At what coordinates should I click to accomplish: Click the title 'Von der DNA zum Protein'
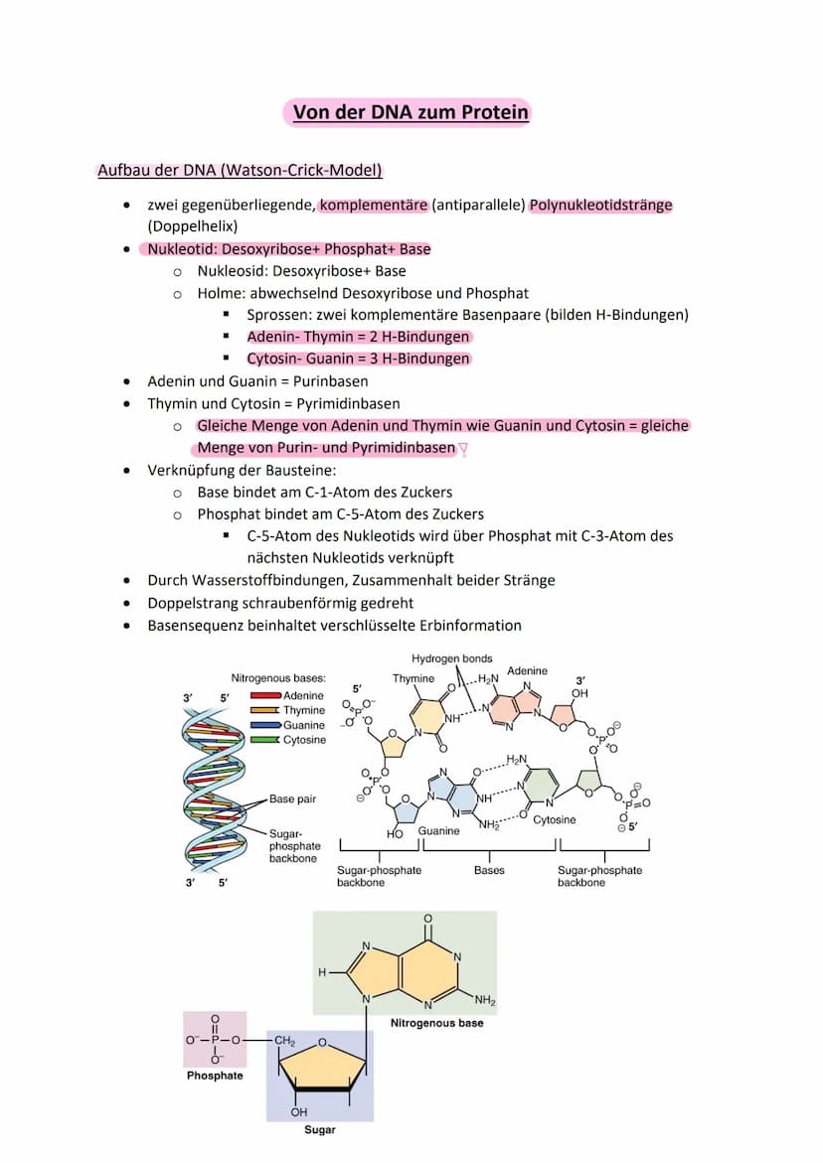pyautogui.click(x=411, y=112)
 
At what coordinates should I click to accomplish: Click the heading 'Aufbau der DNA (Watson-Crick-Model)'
pyautogui.click(x=240, y=170)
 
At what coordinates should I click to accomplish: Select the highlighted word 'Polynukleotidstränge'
pyautogui.click(x=600, y=206)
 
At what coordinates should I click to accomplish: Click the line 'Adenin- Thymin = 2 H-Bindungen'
pyautogui.click(x=358, y=337)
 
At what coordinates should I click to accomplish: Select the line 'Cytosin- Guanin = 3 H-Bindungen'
pyautogui.click(x=358, y=359)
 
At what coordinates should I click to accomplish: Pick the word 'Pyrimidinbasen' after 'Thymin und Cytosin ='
pyautogui.click(x=349, y=403)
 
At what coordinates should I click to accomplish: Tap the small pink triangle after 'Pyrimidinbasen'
pyautogui.click(x=462, y=449)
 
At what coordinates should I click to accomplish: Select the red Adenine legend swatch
pyautogui.click(x=265, y=695)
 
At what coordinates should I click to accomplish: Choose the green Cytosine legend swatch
pyautogui.click(x=265, y=740)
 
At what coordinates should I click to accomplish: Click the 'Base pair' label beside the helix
pyautogui.click(x=295, y=799)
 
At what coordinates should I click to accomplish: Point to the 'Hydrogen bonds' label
pyautogui.click(x=451, y=658)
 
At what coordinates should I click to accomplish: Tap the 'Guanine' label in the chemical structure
pyautogui.click(x=438, y=830)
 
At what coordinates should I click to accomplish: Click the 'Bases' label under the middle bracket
pyautogui.click(x=489, y=870)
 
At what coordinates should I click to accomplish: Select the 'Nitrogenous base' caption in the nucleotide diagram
pyautogui.click(x=436, y=1022)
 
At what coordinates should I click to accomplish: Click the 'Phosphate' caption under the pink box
pyautogui.click(x=215, y=1076)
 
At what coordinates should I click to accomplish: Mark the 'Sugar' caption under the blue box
pyautogui.click(x=320, y=1130)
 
